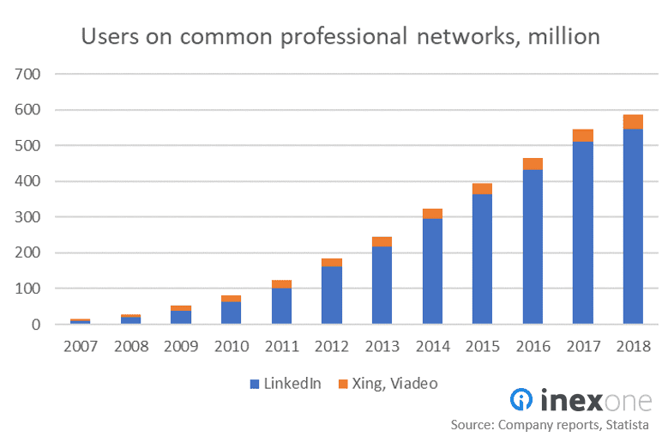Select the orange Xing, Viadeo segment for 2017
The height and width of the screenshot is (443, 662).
582,136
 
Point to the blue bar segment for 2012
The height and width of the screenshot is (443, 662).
332,295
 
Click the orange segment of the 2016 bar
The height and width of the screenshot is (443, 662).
533,164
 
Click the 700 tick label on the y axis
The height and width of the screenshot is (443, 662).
28,75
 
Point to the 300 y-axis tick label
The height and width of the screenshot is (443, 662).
28,218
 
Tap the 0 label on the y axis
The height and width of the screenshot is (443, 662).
35,325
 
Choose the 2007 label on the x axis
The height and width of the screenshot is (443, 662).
81,347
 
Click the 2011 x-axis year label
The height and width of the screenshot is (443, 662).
281,347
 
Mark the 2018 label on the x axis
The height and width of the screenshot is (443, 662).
633,347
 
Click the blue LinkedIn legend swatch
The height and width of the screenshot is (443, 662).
254,385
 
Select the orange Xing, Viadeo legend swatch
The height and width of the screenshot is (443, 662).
346,385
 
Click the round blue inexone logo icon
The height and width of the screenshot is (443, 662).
522,400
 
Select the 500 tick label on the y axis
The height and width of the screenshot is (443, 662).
28,147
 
